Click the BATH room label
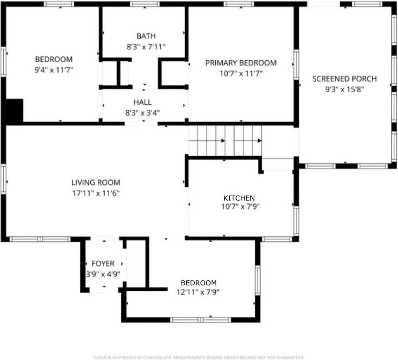(146, 36)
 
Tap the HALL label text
(142, 102)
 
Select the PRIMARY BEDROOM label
(241, 63)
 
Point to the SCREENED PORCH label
(344, 79)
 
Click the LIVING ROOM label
(96, 182)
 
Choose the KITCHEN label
(239, 198)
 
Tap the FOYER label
(103, 264)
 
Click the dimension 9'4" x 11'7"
(54, 70)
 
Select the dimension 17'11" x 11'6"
(96, 193)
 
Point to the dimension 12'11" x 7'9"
(198, 292)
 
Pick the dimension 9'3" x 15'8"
(344, 89)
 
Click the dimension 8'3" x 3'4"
(142, 112)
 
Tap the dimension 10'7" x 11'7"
(241, 73)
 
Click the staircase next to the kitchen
(225, 141)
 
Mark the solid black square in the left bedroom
(14, 111)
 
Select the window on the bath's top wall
(144, 4)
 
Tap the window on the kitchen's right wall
(296, 221)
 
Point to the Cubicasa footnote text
(199, 357)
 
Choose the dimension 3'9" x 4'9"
(103, 273)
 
